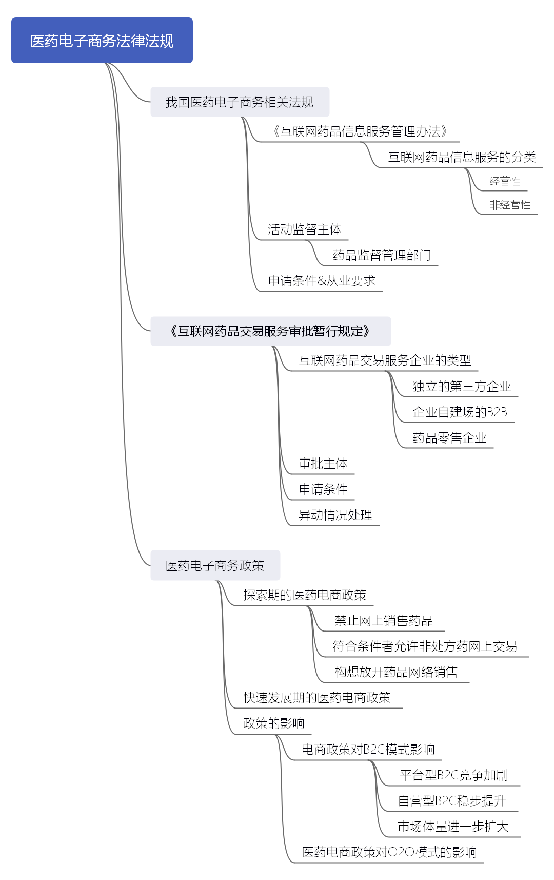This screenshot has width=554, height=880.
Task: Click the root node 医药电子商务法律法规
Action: tap(102, 41)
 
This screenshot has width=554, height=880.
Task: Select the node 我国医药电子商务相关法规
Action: tap(239, 102)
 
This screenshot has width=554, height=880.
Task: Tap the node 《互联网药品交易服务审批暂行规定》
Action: tap(270, 331)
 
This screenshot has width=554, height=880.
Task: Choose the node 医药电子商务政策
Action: tap(214, 565)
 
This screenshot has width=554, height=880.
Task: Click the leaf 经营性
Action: tap(505, 181)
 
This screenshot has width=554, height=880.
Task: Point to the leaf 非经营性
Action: tap(509, 205)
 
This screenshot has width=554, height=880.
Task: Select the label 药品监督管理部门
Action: tap(381, 255)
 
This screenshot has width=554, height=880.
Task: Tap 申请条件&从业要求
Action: tap(322, 281)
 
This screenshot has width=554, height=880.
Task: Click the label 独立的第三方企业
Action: tap(461, 386)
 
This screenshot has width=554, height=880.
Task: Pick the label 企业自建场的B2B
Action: tap(459, 412)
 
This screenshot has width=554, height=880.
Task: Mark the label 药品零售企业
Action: tap(449, 437)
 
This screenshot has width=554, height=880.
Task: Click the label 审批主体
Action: tap(323, 464)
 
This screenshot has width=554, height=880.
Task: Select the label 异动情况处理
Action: tap(335, 515)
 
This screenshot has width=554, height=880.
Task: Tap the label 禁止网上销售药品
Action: tap(383, 621)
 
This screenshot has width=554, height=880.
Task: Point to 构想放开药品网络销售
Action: tap(395, 672)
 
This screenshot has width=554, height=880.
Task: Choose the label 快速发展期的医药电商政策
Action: tap(316, 698)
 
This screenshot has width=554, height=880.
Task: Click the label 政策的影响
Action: tap(273, 723)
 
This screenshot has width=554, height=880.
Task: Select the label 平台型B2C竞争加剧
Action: tap(453, 775)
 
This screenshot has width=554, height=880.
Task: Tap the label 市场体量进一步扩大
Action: tap(452, 827)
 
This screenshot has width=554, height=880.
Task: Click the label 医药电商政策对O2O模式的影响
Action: tap(389, 852)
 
